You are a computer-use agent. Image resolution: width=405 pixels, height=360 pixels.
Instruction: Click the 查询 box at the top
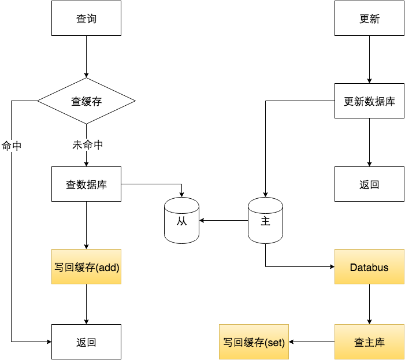point(86,18)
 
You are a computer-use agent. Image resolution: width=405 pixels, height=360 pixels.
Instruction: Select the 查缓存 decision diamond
point(86,101)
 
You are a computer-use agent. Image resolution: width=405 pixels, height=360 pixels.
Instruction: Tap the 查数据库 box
point(86,184)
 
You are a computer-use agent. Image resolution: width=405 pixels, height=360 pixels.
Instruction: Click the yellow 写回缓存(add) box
point(86,267)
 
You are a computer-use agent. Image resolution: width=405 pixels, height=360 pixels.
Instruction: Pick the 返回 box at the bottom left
point(86,342)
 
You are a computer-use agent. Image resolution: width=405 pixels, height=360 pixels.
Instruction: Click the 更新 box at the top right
point(369,18)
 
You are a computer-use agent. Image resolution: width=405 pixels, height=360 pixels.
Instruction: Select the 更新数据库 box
point(369,101)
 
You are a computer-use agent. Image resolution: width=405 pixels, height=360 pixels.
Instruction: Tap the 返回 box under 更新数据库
point(369,184)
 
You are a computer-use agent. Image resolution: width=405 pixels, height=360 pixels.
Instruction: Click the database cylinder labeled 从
point(181,220)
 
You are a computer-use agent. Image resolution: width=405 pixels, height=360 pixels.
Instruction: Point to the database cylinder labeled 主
point(265,220)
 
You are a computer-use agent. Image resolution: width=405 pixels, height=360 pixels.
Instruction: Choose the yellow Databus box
point(369,267)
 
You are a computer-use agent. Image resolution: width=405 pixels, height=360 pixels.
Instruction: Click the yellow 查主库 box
point(369,342)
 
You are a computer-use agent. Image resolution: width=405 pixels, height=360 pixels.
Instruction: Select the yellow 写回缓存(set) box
point(254,342)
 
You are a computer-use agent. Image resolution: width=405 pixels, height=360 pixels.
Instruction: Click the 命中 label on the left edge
point(12,146)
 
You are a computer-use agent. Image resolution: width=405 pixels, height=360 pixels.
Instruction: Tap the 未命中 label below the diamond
point(87,145)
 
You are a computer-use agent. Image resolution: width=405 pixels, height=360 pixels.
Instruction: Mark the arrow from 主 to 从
point(224,220)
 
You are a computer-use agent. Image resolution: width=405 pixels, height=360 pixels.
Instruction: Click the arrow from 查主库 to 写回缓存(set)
point(311,342)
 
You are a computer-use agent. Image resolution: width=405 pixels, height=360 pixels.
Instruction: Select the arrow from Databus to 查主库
point(369,304)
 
